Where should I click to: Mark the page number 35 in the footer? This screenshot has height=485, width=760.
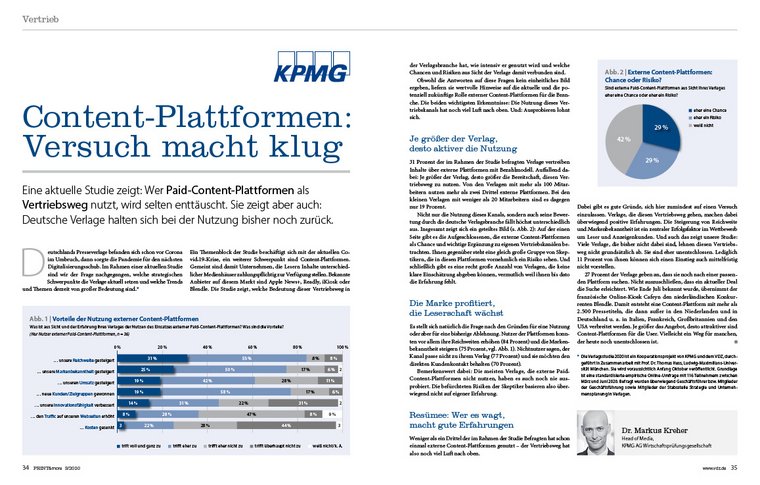732,466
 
